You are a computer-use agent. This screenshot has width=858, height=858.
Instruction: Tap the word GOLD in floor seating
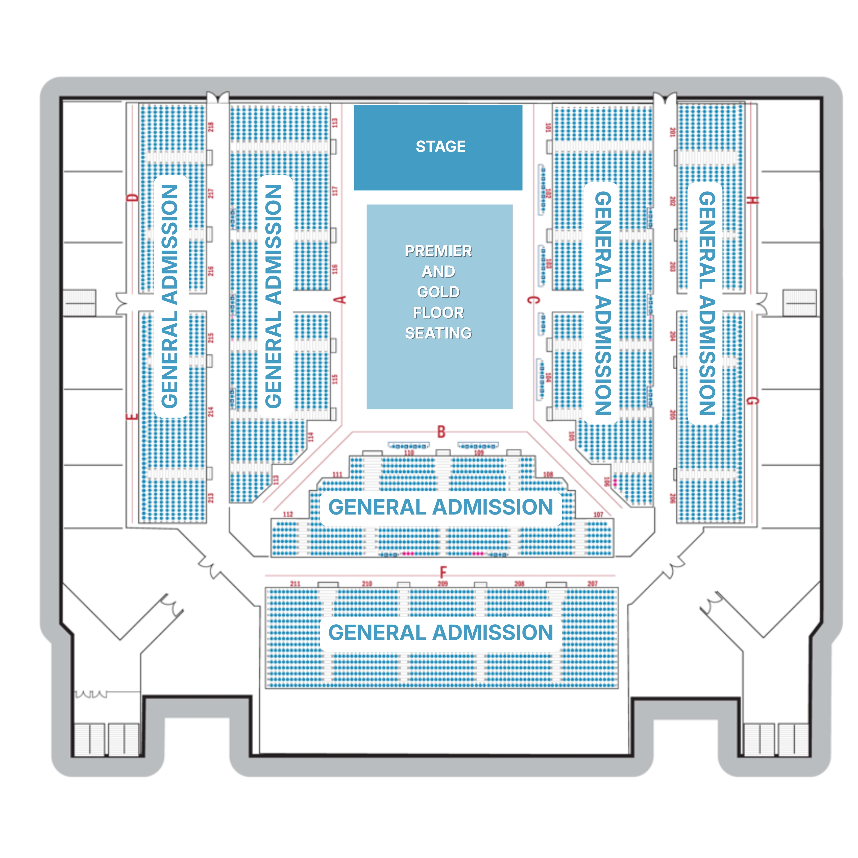pyautogui.click(x=438, y=292)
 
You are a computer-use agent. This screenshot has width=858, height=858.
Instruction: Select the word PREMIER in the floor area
pyautogui.click(x=438, y=251)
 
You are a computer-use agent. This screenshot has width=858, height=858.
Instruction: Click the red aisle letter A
pyautogui.click(x=341, y=300)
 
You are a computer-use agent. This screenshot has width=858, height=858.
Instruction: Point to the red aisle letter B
pyautogui.click(x=441, y=432)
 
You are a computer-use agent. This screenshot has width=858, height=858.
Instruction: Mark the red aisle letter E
pyautogui.click(x=132, y=417)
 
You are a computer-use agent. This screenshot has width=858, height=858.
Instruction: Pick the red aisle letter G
pyautogui.click(x=752, y=401)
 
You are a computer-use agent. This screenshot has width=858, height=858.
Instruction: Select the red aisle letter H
pyautogui.click(x=752, y=200)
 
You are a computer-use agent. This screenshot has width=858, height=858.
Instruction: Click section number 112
pyautogui.click(x=288, y=514)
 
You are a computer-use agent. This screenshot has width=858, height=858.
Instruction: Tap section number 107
pyautogui.click(x=598, y=514)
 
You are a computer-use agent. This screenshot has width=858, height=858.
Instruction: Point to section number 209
pyautogui.click(x=443, y=583)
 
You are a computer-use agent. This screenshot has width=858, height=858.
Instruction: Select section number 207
pyautogui.click(x=593, y=583)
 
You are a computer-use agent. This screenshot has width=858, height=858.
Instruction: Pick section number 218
pyautogui.click(x=211, y=127)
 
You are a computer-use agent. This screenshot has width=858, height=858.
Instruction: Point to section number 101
pyautogui.click(x=548, y=127)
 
